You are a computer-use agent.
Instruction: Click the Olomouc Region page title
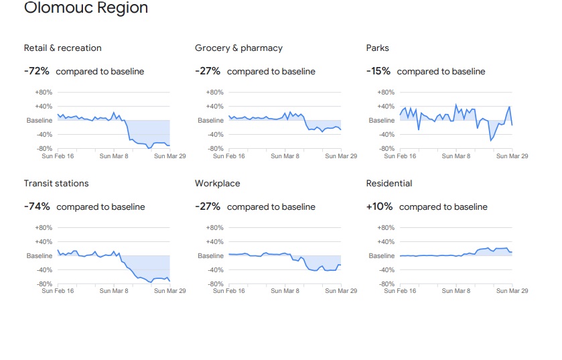86,9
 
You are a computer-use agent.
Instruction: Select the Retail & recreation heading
62,48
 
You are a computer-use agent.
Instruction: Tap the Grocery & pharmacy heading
238,48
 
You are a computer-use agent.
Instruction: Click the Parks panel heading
377,48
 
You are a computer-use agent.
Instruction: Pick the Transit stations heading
56,184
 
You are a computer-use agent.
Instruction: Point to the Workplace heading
217,184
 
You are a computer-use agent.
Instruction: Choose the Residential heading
389,184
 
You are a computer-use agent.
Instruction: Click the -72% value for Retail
36,71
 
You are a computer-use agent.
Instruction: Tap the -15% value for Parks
378,71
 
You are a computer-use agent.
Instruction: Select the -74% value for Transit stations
37,206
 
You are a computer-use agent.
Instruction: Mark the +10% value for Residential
379,206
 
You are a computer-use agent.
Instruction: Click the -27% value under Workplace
208,206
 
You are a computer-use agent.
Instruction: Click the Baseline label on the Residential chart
382,256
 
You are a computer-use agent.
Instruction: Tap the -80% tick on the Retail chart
44,149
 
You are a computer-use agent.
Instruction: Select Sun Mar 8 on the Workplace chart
285,291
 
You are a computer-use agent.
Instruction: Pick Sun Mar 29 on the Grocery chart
341,156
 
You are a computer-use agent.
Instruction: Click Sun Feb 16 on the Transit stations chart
58,291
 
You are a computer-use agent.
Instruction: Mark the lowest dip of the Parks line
491,140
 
